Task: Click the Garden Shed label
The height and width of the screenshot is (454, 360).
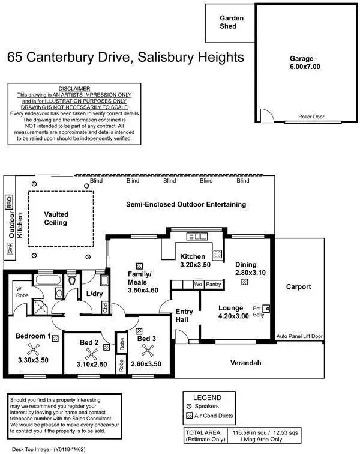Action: (x=231, y=22)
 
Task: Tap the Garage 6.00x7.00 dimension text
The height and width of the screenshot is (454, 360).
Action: (x=301, y=67)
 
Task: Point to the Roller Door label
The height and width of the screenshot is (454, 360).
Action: (x=311, y=117)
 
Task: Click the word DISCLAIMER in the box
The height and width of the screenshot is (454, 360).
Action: (x=74, y=88)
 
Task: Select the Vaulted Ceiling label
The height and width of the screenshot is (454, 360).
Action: (x=56, y=218)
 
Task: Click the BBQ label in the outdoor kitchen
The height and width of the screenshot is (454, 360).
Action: (x=9, y=202)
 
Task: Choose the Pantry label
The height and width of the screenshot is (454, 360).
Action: (x=213, y=284)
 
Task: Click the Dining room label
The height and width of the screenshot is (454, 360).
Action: (x=245, y=264)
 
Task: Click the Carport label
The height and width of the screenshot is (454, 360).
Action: (x=298, y=287)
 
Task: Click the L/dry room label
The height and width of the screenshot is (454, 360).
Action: (x=95, y=294)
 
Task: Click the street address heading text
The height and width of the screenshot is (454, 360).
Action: (x=126, y=58)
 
